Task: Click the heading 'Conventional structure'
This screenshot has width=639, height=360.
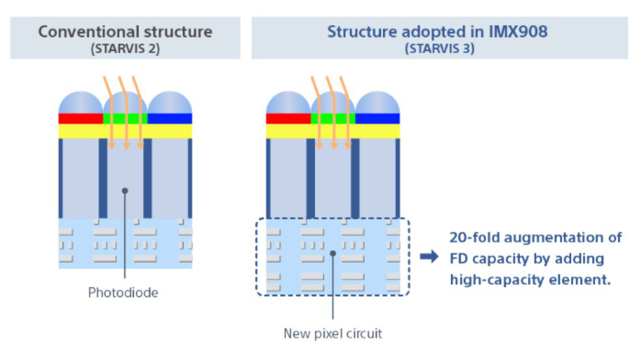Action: (125, 31)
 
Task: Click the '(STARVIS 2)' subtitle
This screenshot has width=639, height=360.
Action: (125, 48)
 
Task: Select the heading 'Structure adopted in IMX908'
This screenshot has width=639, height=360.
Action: (438, 31)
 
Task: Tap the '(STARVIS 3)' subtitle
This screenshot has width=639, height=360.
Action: (438, 48)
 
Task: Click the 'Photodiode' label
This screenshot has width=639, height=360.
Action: (123, 293)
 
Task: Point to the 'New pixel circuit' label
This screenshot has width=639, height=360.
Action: (333, 333)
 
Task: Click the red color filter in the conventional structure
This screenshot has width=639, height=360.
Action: (80, 118)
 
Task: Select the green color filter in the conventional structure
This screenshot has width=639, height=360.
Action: (125, 118)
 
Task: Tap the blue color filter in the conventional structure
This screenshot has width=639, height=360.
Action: (170, 118)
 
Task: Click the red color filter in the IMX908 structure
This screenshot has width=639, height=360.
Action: (288, 118)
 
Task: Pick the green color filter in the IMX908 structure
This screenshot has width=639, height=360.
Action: (333, 118)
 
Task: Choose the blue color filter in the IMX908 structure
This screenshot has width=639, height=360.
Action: (378, 118)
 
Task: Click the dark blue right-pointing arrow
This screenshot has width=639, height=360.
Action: (429, 257)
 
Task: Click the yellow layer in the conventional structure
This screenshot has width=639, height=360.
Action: (125, 131)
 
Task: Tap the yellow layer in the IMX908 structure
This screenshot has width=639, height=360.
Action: (333, 131)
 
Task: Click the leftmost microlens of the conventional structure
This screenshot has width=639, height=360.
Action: (80, 103)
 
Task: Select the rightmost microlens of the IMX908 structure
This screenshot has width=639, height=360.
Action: (378, 103)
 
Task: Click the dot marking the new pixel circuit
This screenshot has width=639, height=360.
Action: (333, 252)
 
